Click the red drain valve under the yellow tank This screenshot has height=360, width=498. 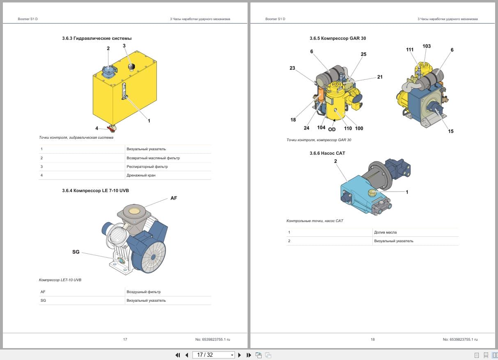111,128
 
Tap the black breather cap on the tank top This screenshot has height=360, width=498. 132,66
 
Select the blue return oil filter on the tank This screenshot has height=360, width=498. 109,71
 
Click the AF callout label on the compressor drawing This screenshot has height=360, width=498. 174,198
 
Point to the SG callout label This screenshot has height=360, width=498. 76,252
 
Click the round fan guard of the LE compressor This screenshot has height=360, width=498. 154,257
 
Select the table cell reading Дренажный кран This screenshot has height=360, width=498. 141,175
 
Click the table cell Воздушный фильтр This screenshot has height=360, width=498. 144,292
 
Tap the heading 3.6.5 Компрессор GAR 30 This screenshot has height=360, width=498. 338,38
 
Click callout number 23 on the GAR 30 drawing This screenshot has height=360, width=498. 292,68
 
